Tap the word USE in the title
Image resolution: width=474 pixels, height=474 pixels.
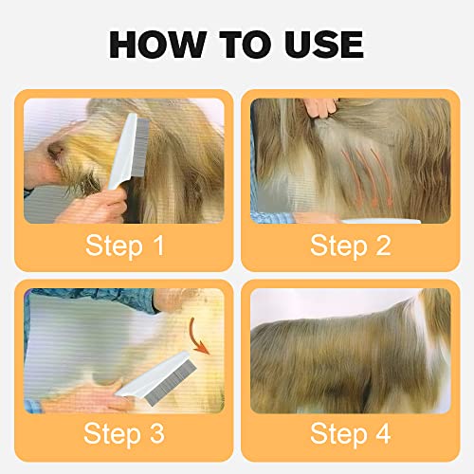coord(317,44)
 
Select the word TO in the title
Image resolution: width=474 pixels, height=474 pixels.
coord(237,44)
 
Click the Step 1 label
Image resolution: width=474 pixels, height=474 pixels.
coord(124,246)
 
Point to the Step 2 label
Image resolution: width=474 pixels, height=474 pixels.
coord(350,246)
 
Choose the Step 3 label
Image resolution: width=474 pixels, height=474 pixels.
coord(124,435)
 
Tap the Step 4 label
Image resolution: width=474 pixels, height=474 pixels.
coord(350,435)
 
